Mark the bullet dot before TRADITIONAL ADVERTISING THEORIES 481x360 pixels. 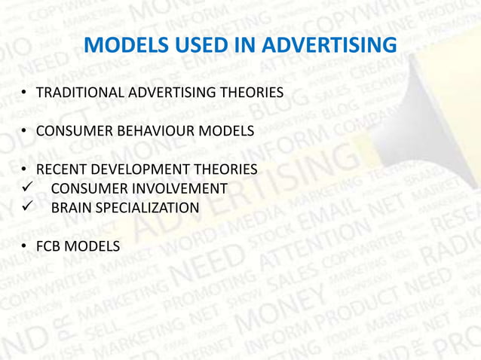[x=25, y=93]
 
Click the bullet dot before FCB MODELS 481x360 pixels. [x=25, y=246]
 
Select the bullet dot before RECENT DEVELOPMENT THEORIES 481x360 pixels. [x=25, y=169]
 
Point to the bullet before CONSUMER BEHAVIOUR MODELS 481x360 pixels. [x=25, y=131]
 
